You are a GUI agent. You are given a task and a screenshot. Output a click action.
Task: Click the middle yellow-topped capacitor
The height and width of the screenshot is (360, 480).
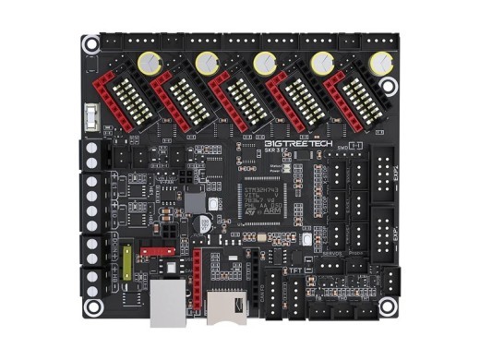coord(264,63)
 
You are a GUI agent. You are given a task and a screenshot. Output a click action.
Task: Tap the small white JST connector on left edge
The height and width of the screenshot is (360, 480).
coord(91,118)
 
